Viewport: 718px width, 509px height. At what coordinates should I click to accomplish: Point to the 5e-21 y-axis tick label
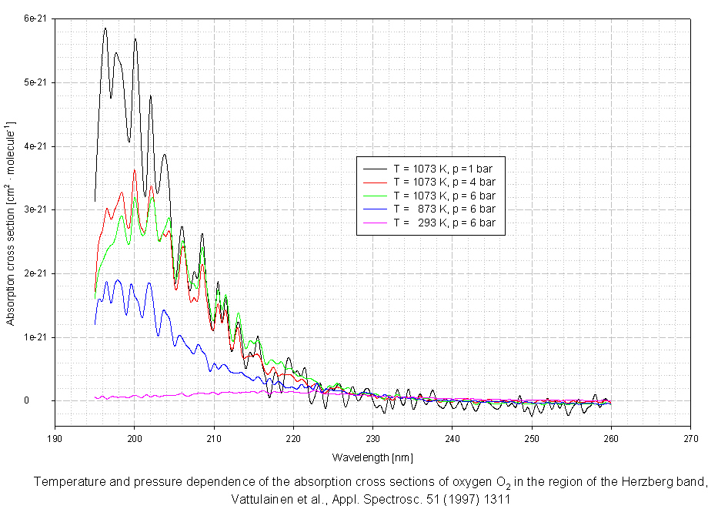[34, 82]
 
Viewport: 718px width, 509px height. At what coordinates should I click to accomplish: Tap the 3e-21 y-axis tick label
[34, 209]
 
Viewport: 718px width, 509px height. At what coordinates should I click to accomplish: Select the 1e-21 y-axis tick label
[34, 337]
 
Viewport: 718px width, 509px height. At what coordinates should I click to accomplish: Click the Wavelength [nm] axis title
[372, 457]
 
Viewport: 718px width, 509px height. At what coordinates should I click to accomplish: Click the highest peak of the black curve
[105, 28]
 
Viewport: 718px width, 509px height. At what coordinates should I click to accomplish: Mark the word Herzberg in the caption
[630, 482]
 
